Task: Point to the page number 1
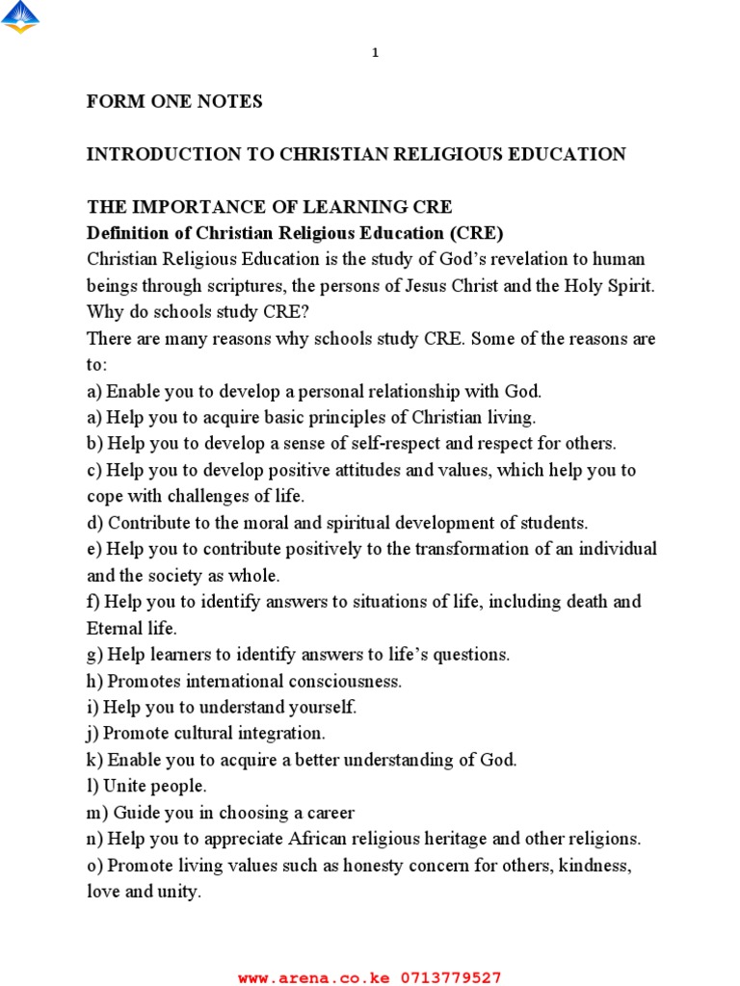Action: pyautogui.click(x=376, y=53)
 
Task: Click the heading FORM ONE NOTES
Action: pyautogui.click(x=174, y=102)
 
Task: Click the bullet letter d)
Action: pyautogui.click(x=94, y=523)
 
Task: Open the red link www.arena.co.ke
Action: pyautogui.click(x=314, y=977)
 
